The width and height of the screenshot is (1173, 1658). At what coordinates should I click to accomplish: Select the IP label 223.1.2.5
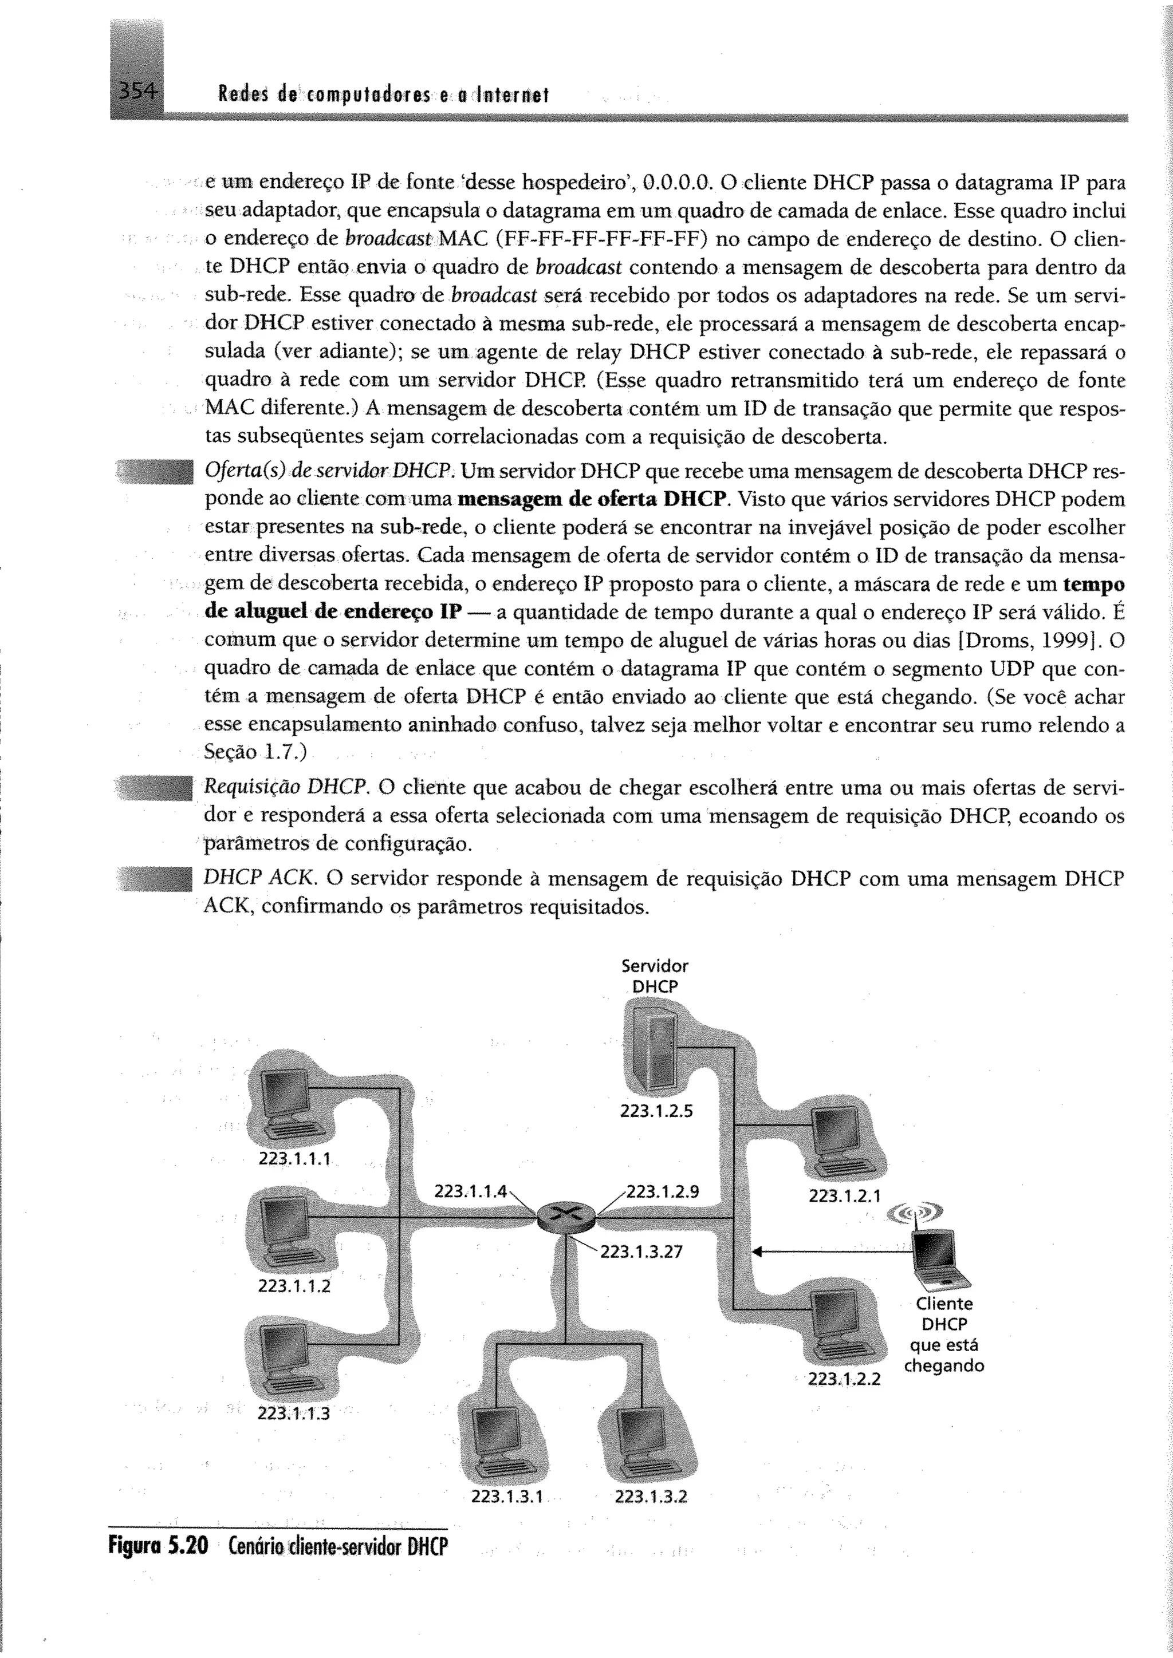click(x=656, y=1111)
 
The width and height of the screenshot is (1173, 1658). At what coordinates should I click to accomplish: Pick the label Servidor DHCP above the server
click(x=655, y=976)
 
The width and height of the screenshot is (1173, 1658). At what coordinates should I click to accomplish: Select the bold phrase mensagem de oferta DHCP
click(x=592, y=499)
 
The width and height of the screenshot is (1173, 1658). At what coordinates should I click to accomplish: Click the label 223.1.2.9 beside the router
click(x=662, y=1191)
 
